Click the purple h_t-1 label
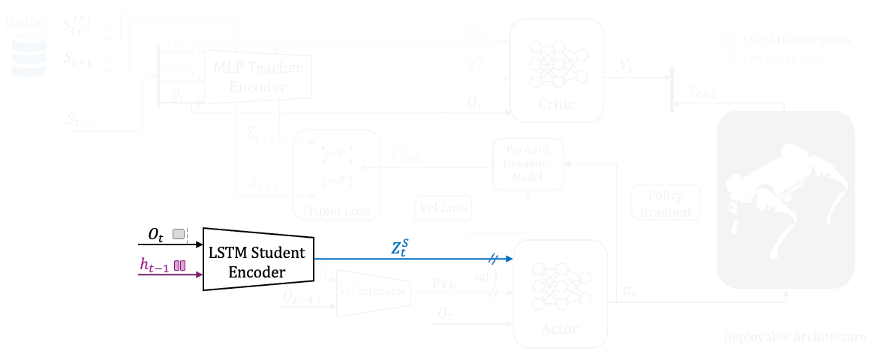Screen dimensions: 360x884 click(155, 265)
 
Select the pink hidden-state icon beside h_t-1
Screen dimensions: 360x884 click(179, 265)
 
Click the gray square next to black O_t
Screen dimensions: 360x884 click(179, 235)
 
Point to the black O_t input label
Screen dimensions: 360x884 click(156, 235)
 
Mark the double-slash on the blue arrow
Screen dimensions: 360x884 click(493, 259)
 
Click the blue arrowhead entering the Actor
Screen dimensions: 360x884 click(509, 259)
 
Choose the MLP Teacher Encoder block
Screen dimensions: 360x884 click(257, 77)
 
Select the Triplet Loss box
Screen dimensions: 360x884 click(336, 173)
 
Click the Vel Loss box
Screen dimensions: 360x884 click(442, 208)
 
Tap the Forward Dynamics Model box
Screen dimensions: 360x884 click(528, 163)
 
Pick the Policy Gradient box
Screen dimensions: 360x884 click(666, 203)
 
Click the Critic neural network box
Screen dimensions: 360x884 click(557, 70)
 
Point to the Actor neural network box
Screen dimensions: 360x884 click(559, 293)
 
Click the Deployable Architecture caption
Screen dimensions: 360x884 click(795, 337)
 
